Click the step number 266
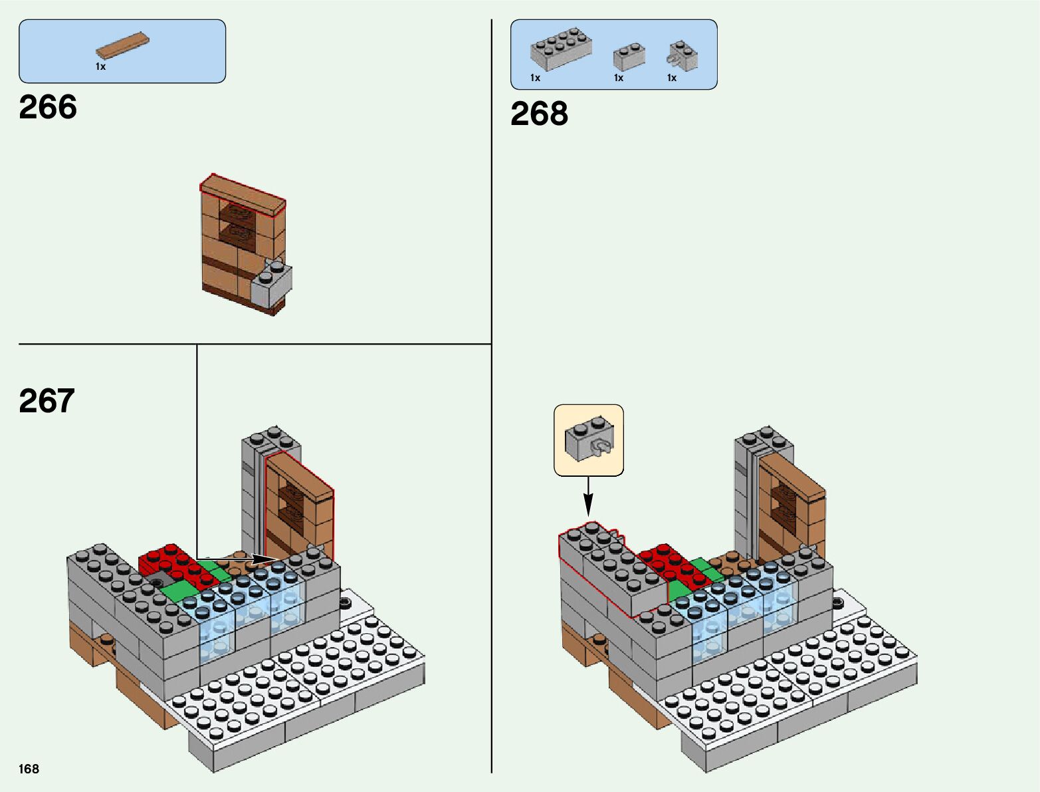pyautogui.click(x=48, y=107)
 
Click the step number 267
pyautogui.click(x=47, y=401)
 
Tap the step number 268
pyautogui.click(x=539, y=114)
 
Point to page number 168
pyautogui.click(x=29, y=769)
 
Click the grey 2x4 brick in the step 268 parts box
pyautogui.click(x=561, y=50)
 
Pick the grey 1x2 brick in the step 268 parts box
pyautogui.click(x=629, y=57)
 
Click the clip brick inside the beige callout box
pyautogui.click(x=589, y=440)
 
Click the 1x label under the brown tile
pyautogui.click(x=100, y=66)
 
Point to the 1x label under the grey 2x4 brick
pyautogui.click(x=535, y=78)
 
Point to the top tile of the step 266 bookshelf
pyautogui.click(x=243, y=195)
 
